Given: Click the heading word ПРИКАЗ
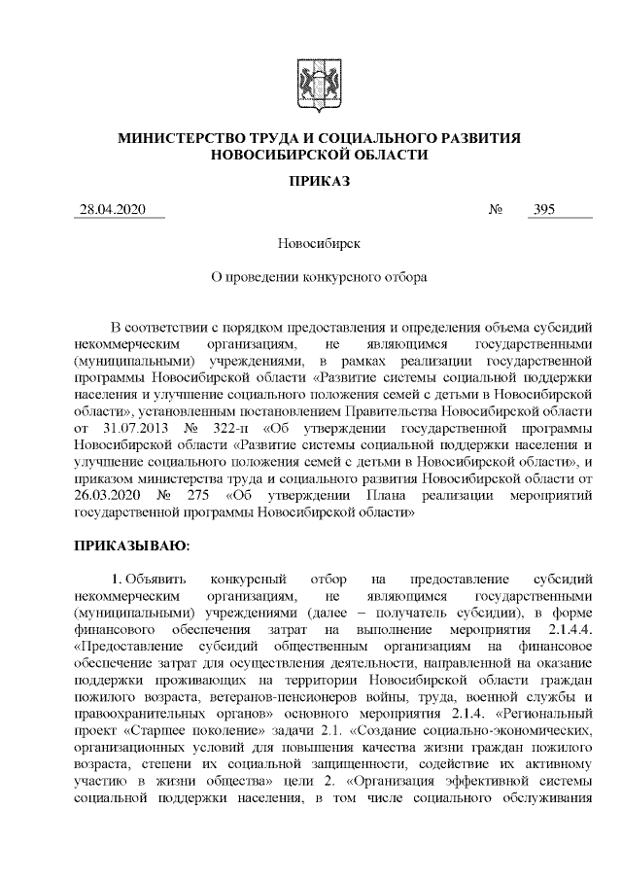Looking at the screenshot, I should tap(311, 180).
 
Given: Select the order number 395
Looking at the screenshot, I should tap(544, 209).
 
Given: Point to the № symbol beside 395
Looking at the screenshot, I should tap(496, 210).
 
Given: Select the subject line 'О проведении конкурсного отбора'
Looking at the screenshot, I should tap(310, 276).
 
